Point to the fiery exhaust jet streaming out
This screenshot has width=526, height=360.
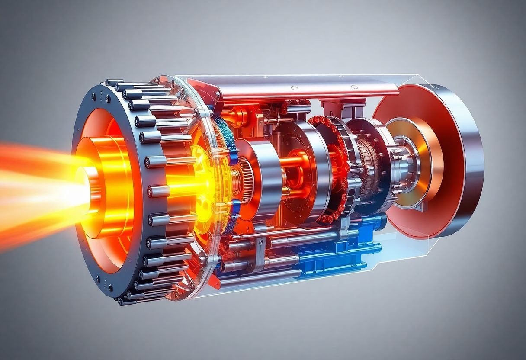pos(35,190)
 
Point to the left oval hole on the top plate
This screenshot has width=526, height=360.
pos(293,89)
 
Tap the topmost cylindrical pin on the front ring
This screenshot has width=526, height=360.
pos(114,83)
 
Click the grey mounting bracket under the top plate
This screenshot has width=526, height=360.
pos(335,106)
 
